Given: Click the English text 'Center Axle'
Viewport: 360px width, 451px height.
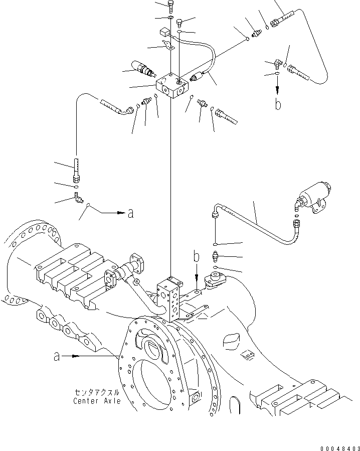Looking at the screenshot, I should tap(97, 401).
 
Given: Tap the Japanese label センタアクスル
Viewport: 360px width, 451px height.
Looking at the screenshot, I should tap(97, 392).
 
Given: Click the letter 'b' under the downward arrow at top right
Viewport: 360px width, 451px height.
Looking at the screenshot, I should tap(277, 104).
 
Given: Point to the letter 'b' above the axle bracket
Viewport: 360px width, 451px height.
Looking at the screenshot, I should tap(197, 257).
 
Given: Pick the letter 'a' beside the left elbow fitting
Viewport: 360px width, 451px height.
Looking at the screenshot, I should tap(130, 213).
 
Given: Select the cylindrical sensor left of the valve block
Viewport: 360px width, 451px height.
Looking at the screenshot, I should tap(142, 69).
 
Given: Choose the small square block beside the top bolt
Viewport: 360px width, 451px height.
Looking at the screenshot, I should tap(164, 33).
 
